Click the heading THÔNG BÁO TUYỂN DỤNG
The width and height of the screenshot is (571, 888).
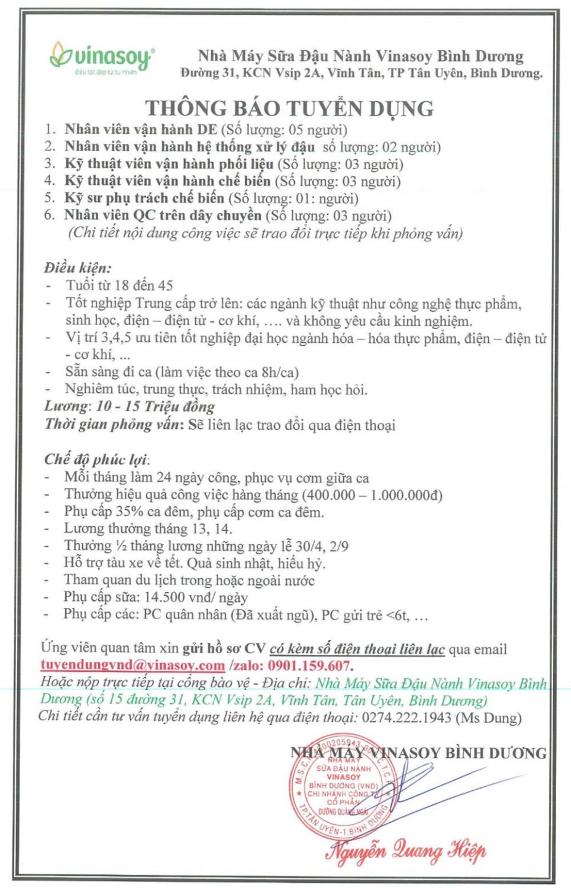289,108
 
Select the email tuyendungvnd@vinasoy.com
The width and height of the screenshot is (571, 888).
133,665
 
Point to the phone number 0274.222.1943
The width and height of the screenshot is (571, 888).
405,718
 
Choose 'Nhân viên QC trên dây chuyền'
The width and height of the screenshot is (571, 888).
162,215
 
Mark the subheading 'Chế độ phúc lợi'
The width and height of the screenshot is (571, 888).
95,459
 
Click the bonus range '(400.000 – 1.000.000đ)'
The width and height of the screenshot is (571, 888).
372,495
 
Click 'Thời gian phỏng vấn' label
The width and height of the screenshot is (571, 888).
114,424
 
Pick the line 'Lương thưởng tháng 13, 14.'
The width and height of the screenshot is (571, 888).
148,529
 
